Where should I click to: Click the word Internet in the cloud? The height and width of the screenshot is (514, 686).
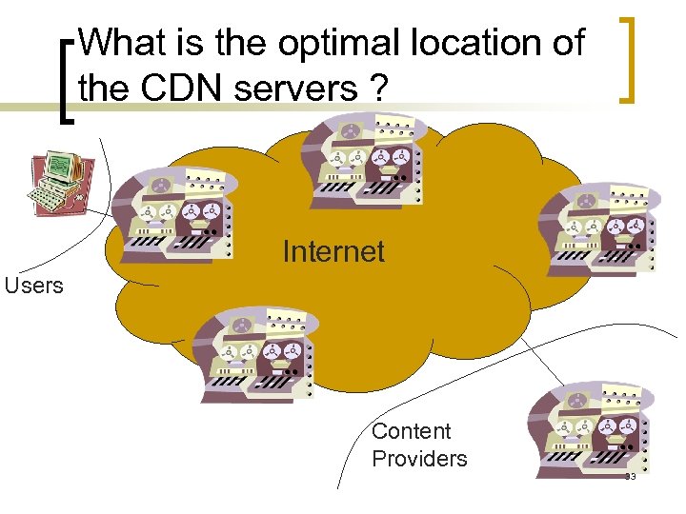[333, 252]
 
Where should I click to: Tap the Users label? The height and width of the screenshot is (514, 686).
[33, 286]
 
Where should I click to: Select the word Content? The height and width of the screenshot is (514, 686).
[412, 431]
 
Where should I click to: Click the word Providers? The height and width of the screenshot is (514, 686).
[419, 459]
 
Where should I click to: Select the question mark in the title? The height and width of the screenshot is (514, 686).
[378, 89]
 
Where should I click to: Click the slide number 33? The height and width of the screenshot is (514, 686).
[630, 477]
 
